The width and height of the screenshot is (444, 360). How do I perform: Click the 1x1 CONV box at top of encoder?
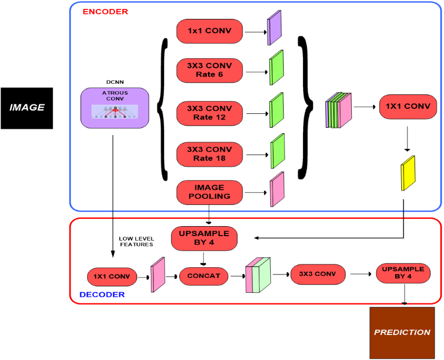pos(210,31)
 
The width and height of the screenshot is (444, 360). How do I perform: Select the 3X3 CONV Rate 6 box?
pos(210,70)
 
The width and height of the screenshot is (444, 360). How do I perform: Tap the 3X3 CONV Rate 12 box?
pos(210,113)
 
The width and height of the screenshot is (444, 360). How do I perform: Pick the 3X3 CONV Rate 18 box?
pos(210,154)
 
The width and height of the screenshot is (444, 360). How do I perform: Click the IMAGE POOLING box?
pos(210,192)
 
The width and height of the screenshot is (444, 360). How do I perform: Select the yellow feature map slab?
pos(408,173)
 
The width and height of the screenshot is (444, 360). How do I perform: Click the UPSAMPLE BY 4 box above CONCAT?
pos(204,238)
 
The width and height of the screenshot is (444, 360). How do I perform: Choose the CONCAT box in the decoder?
pos(204,276)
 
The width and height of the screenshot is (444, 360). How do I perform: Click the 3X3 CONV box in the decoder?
pos(317,274)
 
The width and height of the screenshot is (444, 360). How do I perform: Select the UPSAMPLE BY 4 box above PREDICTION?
pos(403,273)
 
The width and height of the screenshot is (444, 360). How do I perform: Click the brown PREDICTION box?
pos(402,332)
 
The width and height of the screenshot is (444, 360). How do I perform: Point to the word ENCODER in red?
pos(104,11)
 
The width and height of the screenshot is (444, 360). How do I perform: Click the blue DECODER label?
pos(102,294)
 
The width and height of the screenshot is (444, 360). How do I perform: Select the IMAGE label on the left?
pos(27,107)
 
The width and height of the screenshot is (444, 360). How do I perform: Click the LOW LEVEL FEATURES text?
pos(137,242)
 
